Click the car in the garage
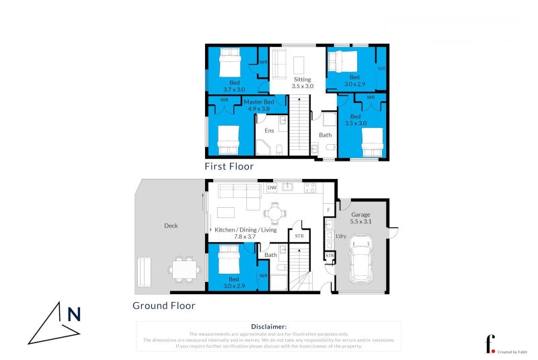coord(361,258)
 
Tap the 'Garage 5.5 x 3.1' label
coord(360,218)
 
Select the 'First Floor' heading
coord(229,166)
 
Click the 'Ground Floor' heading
coord(163,305)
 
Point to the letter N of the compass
coord(74,314)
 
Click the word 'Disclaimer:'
coord(268,326)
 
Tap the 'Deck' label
coord(171,226)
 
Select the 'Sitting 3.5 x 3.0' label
coord(302,83)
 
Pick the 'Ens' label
coord(269,131)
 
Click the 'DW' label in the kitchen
coord(272,187)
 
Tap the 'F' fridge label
coord(328,211)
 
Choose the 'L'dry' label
coord(340,236)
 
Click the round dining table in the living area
coord(274,213)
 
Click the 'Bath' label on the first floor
coord(325,135)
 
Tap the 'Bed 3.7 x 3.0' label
coord(235,86)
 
